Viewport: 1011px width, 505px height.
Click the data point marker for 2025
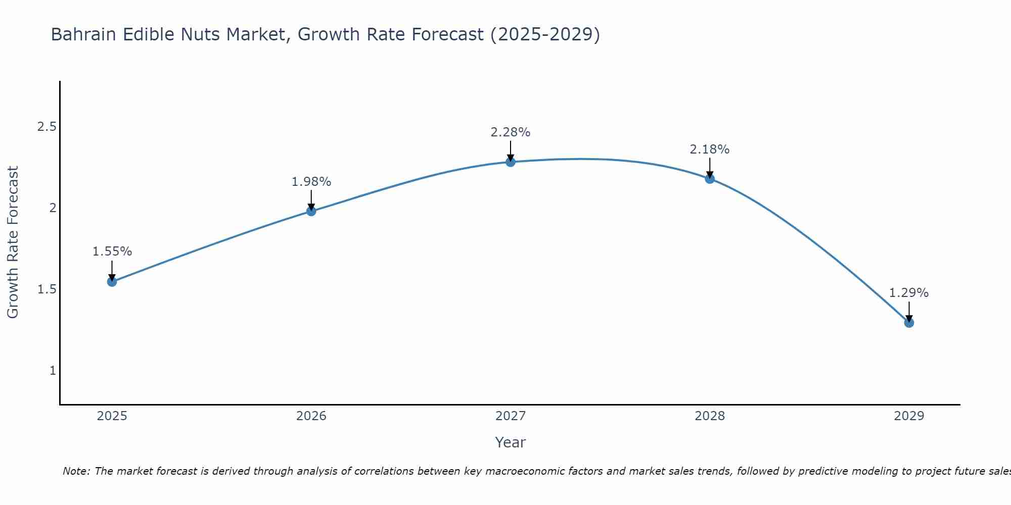tap(112, 281)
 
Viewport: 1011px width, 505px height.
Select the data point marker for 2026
tap(311, 211)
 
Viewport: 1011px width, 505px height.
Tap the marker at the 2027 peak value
tap(511, 162)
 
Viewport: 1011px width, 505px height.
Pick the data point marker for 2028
tap(710, 178)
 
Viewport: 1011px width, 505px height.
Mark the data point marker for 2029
tap(909, 323)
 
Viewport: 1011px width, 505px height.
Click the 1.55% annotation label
tap(112, 251)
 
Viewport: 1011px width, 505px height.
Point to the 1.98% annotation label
tap(311, 182)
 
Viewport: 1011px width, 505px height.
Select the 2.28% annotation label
tap(511, 132)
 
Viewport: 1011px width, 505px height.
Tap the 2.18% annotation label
tap(710, 149)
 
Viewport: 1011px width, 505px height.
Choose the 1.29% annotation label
tap(909, 293)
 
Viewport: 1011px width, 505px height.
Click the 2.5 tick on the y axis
tap(47, 126)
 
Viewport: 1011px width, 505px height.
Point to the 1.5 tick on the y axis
tap(47, 289)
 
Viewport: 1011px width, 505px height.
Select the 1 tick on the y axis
tap(53, 371)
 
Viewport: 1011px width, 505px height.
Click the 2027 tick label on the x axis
tap(511, 416)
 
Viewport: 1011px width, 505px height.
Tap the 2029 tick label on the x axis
tap(909, 416)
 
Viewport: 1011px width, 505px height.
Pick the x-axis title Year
tap(511, 442)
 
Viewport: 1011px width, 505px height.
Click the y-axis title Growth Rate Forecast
tap(13, 242)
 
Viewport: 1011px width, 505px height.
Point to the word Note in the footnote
tap(76, 471)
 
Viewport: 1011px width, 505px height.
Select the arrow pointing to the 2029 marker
tap(909, 311)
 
